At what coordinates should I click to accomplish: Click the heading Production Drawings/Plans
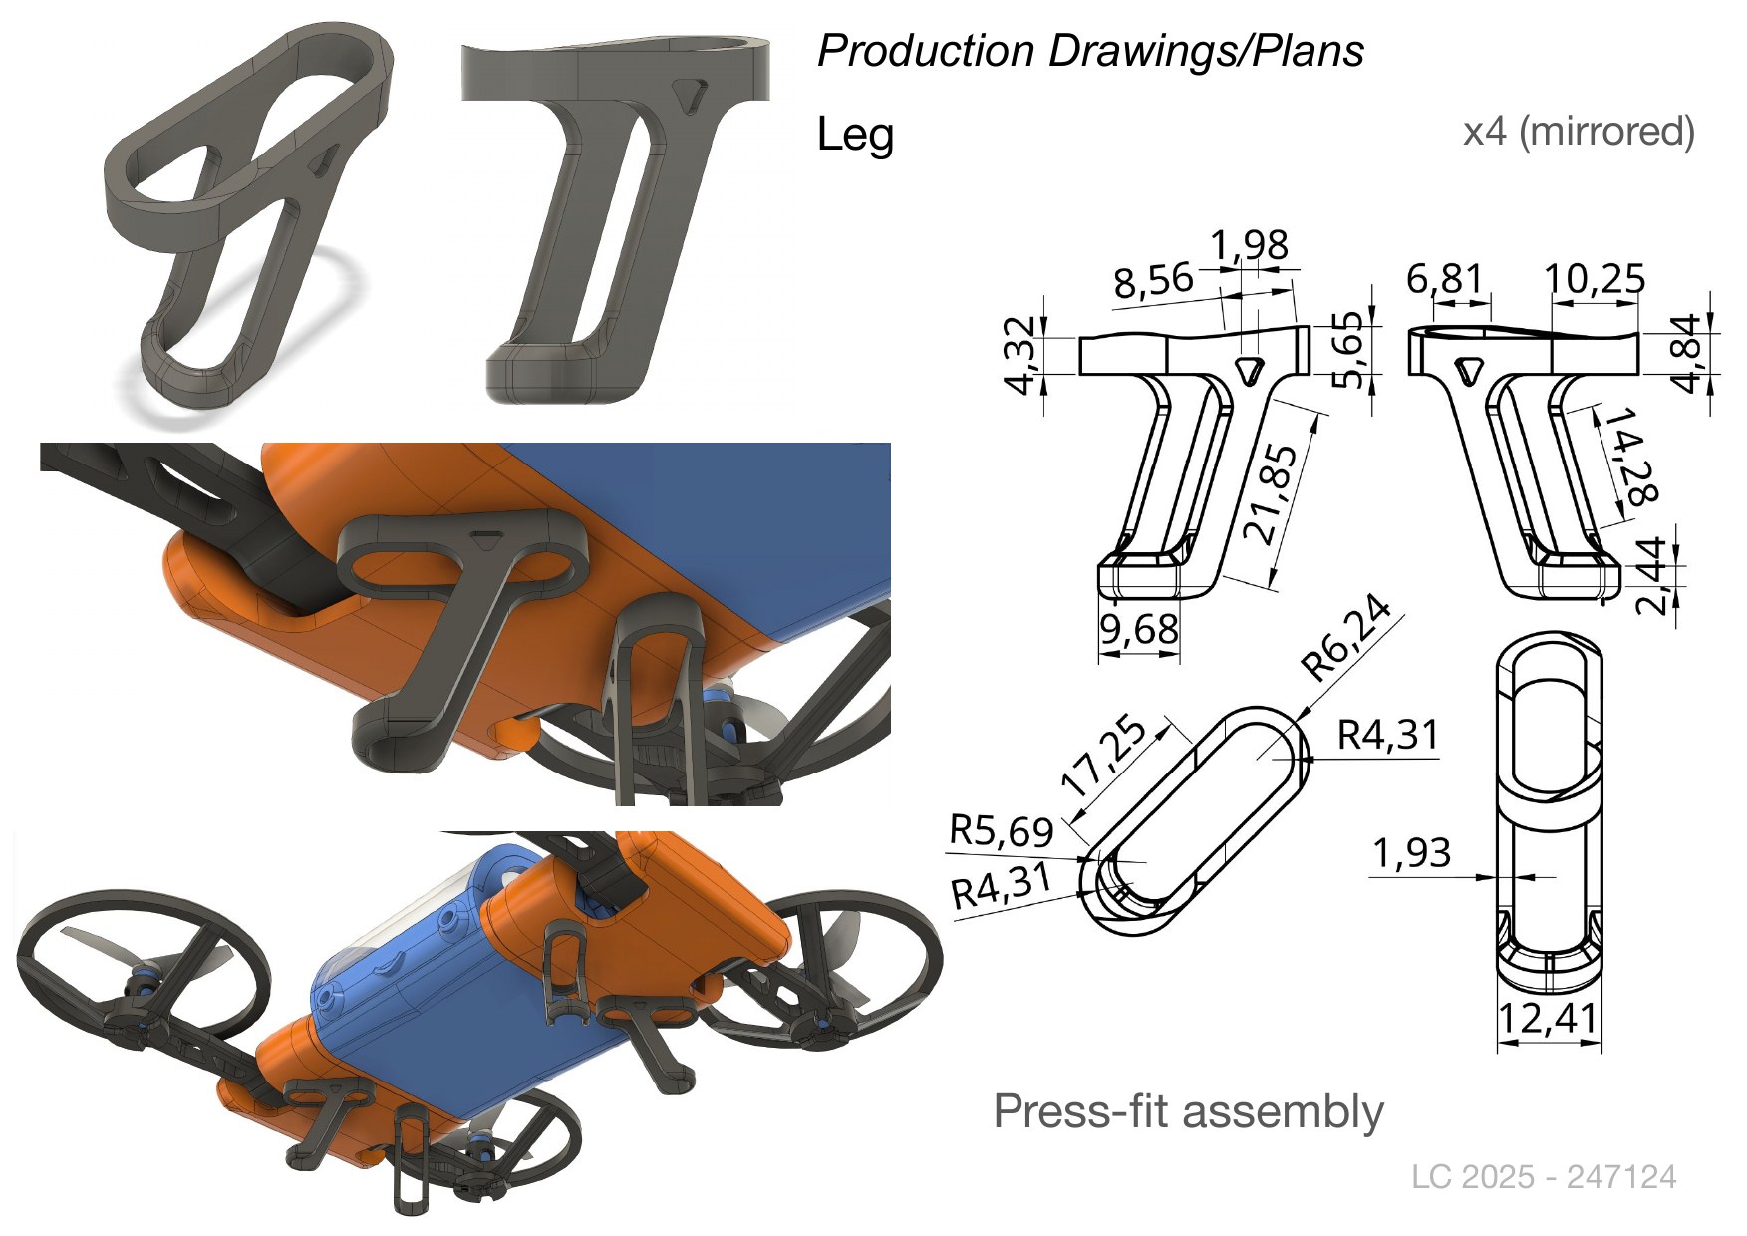pyautogui.click(x=1090, y=51)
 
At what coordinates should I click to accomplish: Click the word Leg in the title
pyautogui.click(x=855, y=136)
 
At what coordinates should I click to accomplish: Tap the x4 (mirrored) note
pyautogui.click(x=1579, y=131)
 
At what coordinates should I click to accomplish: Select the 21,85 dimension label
pyautogui.click(x=1273, y=493)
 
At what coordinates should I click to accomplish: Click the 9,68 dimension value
pyautogui.click(x=1139, y=629)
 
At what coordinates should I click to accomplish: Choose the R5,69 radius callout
pyautogui.click(x=1002, y=829)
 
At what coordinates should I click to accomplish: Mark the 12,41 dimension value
pyautogui.click(x=1549, y=1018)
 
